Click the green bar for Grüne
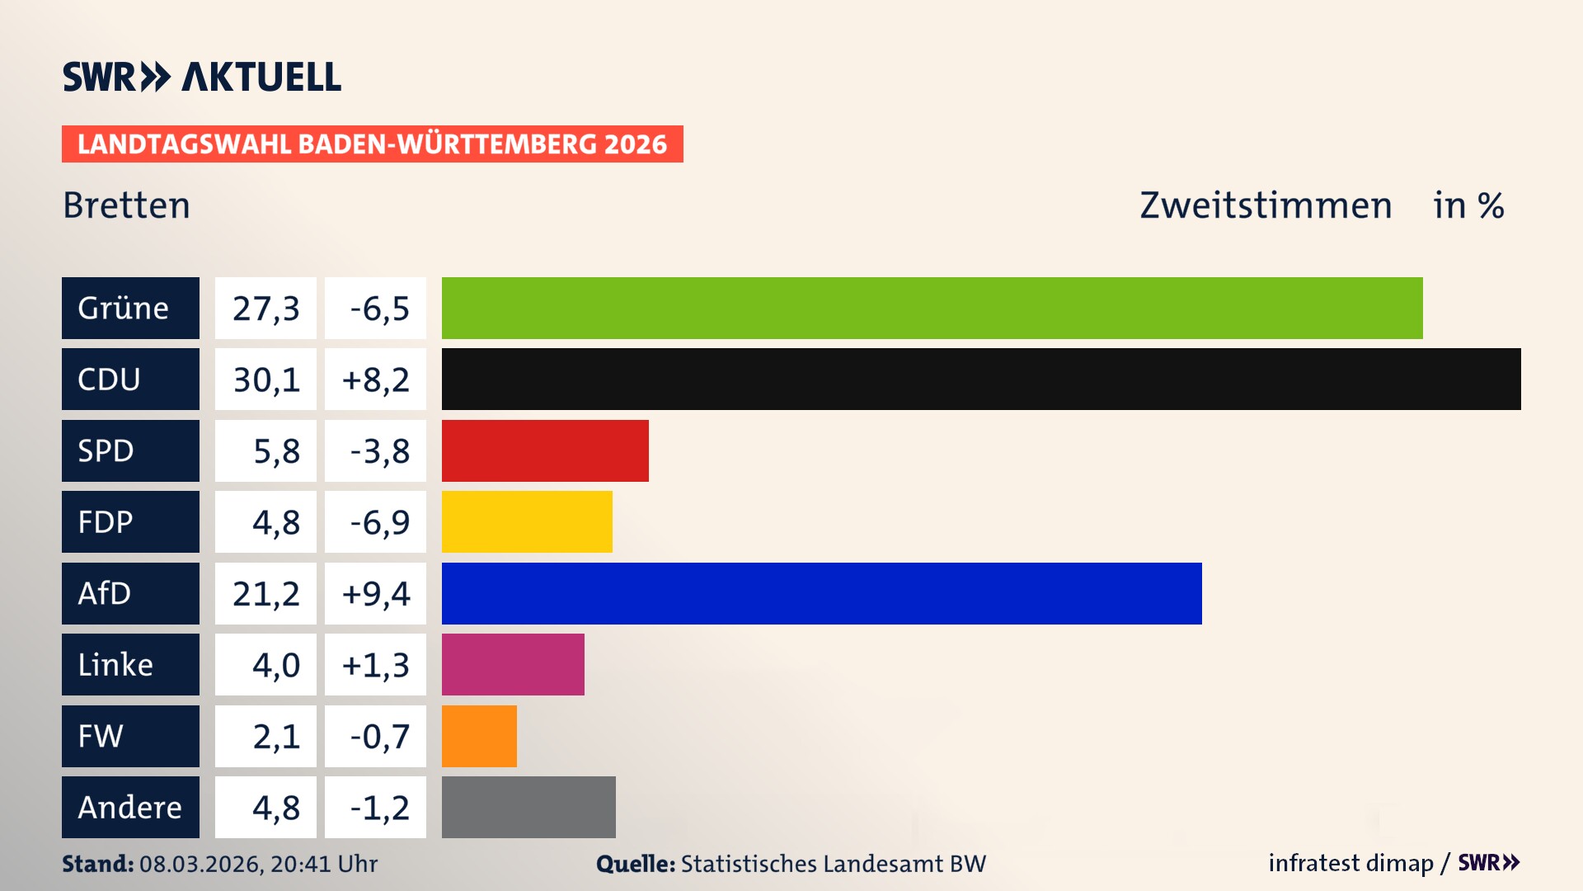point(932,308)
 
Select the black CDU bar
point(981,379)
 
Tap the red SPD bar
point(545,450)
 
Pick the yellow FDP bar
point(527,521)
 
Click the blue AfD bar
point(821,593)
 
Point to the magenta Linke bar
point(513,664)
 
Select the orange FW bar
point(479,736)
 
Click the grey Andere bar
point(528,807)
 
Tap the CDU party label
point(130,379)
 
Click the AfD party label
point(130,593)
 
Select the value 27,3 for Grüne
point(265,308)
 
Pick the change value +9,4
point(375,593)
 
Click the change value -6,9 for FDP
point(375,521)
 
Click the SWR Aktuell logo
point(202,77)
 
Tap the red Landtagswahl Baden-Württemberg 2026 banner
point(372,144)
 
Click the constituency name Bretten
point(126,205)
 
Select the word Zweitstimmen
point(1266,205)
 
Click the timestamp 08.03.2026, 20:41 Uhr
point(258,864)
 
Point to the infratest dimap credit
point(1350,863)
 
